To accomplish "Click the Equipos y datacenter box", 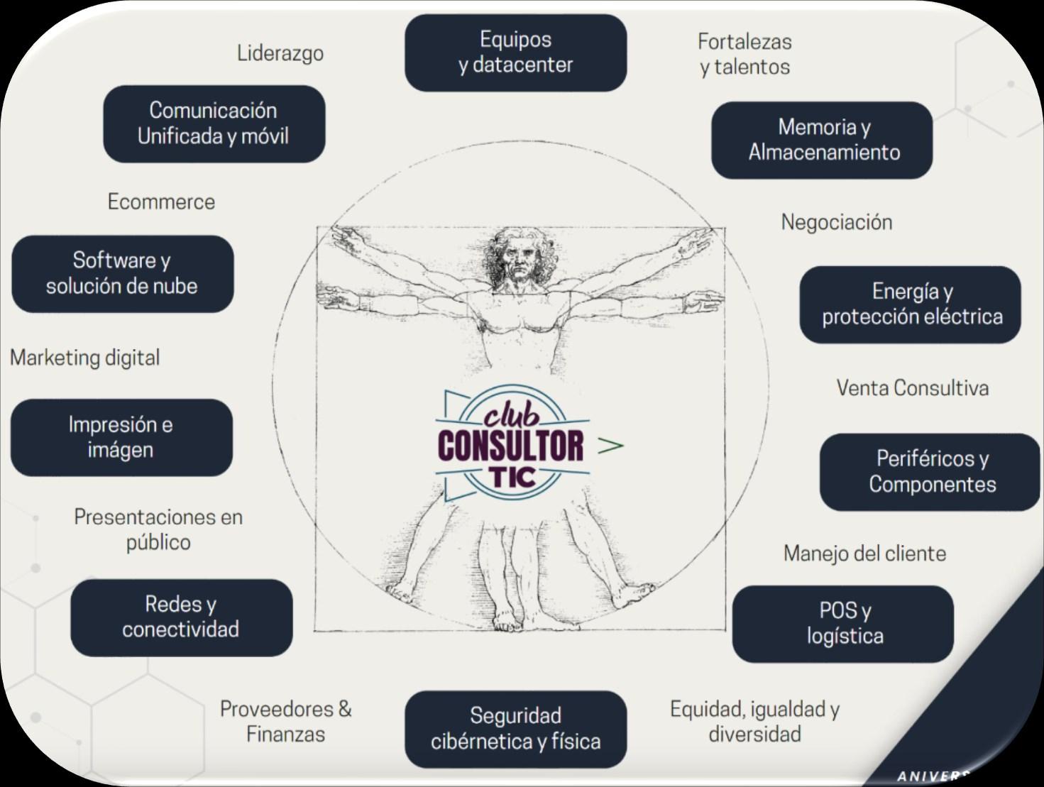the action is pyautogui.click(x=515, y=53).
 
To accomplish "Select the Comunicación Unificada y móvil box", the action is pyautogui.click(x=214, y=123).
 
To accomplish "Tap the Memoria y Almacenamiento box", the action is pyautogui.click(x=822, y=140).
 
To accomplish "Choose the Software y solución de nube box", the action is pyautogui.click(x=122, y=273).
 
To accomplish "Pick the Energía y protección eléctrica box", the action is pyautogui.click(x=911, y=304).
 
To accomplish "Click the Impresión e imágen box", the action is pyautogui.click(x=121, y=437).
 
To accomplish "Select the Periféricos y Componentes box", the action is pyautogui.click(x=930, y=472).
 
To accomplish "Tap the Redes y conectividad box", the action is pyautogui.click(x=181, y=617).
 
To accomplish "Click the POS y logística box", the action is pyautogui.click(x=843, y=624).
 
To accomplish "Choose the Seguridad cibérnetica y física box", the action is pyautogui.click(x=515, y=729).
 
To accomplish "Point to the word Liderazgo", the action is pyautogui.click(x=280, y=53).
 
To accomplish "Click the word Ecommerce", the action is pyautogui.click(x=161, y=202).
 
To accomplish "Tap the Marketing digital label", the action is pyautogui.click(x=85, y=358).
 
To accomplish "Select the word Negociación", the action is pyautogui.click(x=837, y=222).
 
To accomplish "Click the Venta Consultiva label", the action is pyautogui.click(x=912, y=388).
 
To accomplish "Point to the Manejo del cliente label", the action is pyautogui.click(x=864, y=554).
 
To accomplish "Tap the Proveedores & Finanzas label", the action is pyautogui.click(x=285, y=721).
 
